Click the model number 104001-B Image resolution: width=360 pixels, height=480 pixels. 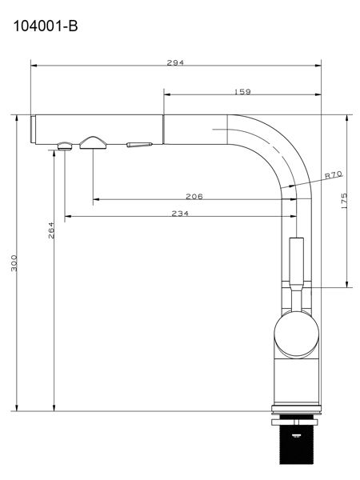[46, 26]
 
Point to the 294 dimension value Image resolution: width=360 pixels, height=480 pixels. [175, 62]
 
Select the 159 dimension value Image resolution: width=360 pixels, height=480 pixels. [242, 91]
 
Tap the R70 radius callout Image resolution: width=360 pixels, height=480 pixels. [334, 175]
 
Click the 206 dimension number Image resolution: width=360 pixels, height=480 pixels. [194, 196]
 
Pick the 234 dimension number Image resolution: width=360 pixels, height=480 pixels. [180, 214]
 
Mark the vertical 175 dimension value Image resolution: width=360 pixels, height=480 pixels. [344, 201]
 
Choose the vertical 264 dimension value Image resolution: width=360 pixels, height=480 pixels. [51, 230]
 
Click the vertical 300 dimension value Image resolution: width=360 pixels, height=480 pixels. [14, 262]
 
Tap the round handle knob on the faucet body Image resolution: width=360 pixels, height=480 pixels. [297, 334]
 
